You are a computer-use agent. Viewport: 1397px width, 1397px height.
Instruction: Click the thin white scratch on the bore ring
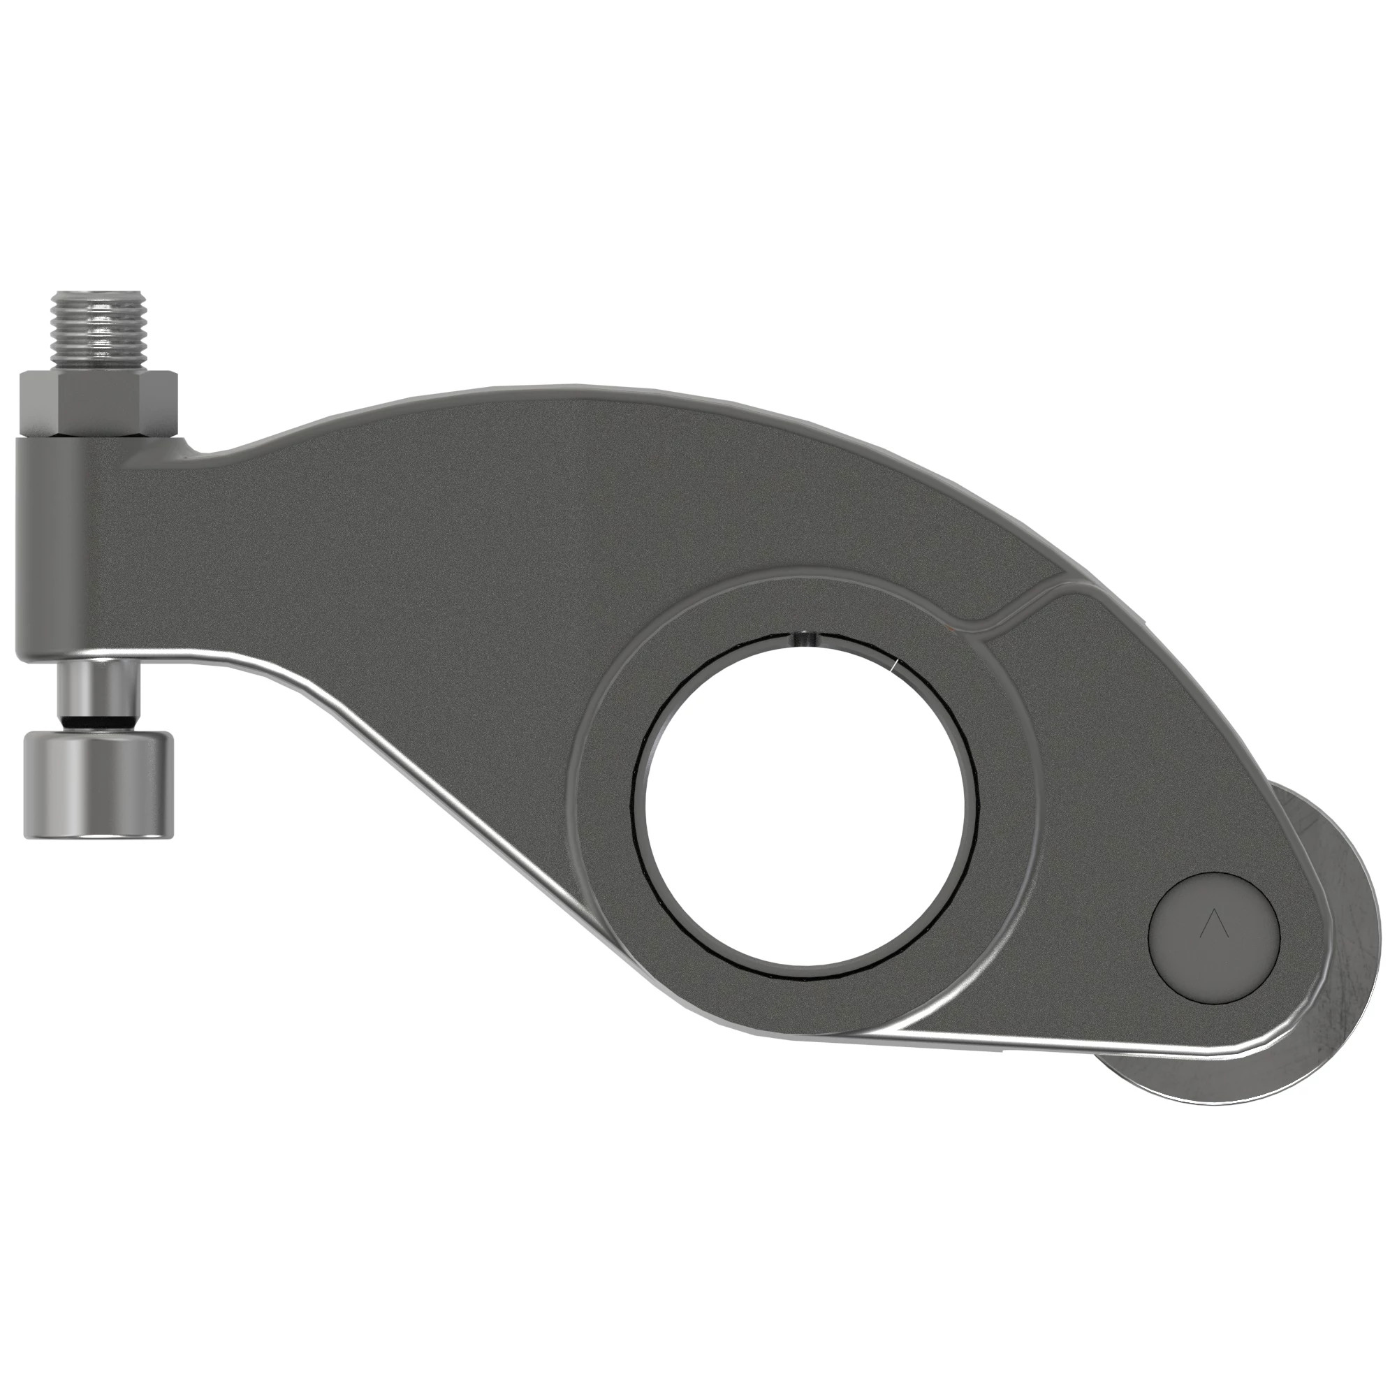(895, 665)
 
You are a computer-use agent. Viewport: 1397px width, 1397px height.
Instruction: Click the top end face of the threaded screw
(100, 293)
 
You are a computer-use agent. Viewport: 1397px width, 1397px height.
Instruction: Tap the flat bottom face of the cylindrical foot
(98, 835)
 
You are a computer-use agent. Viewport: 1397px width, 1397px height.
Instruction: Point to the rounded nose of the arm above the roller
(1301, 868)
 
